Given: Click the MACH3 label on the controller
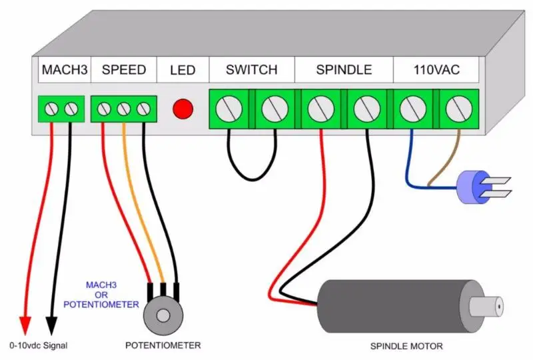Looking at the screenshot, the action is click(x=65, y=70).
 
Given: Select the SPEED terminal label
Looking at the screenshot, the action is click(x=124, y=70).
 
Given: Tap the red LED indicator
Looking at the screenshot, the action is click(x=183, y=109).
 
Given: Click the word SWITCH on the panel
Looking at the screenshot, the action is click(x=252, y=70).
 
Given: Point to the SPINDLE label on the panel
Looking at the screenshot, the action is click(x=344, y=70).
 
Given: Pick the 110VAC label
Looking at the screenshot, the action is click(x=436, y=70).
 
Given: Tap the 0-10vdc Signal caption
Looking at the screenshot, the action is click(x=39, y=346).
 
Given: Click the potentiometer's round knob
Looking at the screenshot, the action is click(x=163, y=315).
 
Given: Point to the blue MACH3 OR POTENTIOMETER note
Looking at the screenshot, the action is click(x=101, y=295).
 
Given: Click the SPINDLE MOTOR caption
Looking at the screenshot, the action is click(x=406, y=347).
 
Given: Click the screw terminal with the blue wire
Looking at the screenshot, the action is click(x=413, y=109).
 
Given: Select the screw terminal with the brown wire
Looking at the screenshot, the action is click(x=459, y=109).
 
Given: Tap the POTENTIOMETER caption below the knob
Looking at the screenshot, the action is click(x=163, y=346).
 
